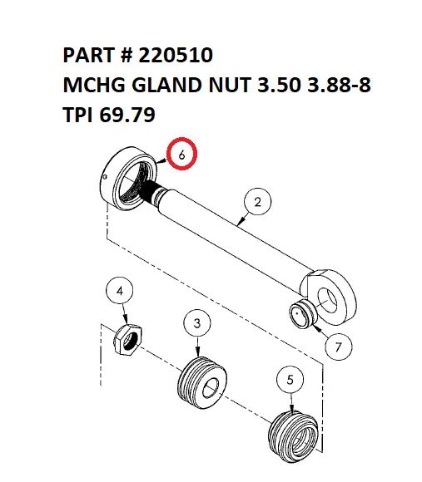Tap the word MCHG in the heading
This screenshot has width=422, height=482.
click(95, 84)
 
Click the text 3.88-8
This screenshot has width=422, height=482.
click(330, 84)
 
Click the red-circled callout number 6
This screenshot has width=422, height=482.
click(182, 154)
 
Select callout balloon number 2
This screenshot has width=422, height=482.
click(258, 202)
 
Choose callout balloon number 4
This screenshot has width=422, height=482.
click(120, 292)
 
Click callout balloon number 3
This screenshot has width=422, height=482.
click(196, 322)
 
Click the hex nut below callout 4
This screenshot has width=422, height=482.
click(128, 339)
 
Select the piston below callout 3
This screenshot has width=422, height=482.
click(202, 382)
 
